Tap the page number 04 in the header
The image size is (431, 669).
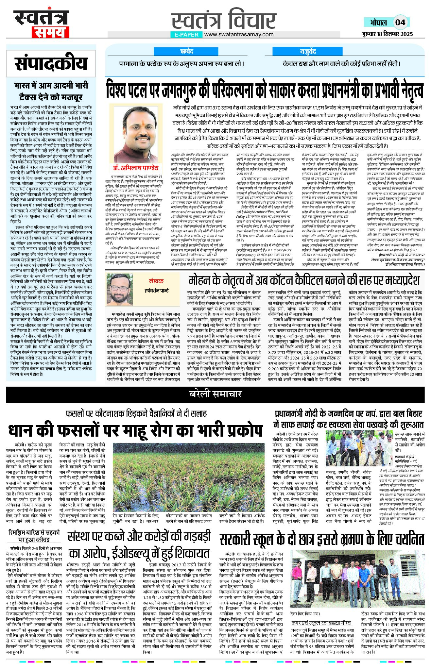(x=400, y=22)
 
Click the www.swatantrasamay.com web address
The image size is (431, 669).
(x=239, y=34)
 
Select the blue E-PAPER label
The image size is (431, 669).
(x=186, y=35)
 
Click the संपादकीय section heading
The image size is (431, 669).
(x=51, y=64)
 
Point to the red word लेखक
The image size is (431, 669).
(x=156, y=281)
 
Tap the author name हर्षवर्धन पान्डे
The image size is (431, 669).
(x=157, y=290)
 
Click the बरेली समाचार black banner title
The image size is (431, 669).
(x=215, y=394)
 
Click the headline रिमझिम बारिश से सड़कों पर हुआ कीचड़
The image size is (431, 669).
(x=34, y=536)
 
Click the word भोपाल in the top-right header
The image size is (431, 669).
(x=378, y=22)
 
